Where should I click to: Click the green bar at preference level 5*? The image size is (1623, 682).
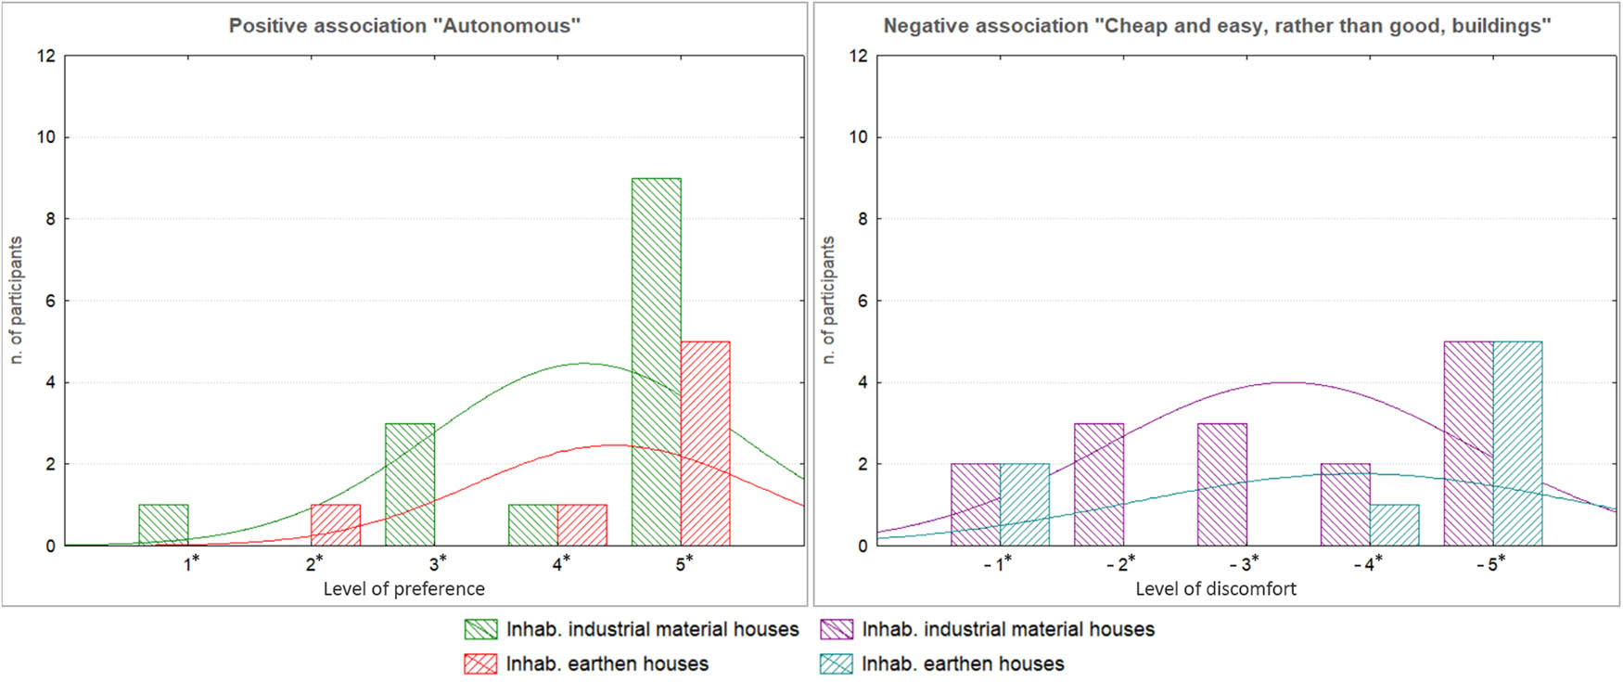656,362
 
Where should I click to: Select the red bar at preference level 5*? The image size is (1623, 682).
705,444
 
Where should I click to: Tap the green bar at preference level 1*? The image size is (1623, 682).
163,525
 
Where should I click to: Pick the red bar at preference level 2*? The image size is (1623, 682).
336,525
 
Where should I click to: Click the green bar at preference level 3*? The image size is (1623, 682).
409,484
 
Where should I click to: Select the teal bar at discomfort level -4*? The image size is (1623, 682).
1394,525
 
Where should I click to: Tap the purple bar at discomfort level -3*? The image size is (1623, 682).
1221,484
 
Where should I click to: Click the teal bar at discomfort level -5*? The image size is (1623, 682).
1517,444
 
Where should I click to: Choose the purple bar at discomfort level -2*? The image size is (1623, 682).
1098,484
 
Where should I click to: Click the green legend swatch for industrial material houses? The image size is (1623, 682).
480,629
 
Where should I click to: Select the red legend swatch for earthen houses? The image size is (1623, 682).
480,663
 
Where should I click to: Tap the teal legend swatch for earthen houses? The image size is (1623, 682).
837,663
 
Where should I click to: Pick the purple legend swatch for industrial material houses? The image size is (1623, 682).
837,629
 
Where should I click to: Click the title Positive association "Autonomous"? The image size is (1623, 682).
404,26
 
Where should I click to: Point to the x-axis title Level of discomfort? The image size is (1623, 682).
1215,588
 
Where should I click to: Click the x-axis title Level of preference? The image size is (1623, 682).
403,588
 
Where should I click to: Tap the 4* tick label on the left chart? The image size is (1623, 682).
561,563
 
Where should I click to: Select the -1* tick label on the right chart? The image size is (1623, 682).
997,563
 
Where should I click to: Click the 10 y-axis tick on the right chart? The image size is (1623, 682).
858,137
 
